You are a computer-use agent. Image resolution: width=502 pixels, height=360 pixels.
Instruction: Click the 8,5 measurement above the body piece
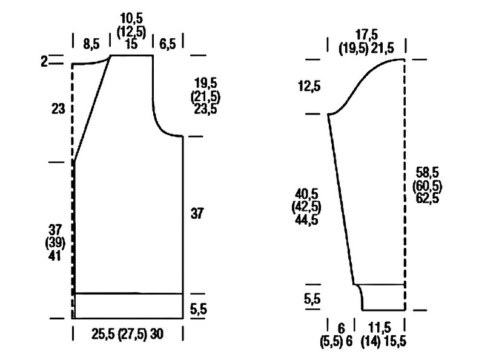[91, 44]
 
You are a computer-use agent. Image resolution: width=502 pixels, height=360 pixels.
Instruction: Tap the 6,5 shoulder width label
[168, 44]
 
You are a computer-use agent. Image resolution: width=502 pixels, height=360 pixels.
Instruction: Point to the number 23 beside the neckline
[58, 109]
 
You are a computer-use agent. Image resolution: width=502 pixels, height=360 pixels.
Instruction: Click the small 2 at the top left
[44, 61]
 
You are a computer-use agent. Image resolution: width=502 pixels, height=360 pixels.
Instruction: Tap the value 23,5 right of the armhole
[205, 109]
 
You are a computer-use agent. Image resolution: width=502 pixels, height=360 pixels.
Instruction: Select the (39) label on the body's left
[55, 243]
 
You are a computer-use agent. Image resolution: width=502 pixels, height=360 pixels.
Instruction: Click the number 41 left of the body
[54, 256]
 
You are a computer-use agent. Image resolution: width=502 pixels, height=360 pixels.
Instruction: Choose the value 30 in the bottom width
[157, 334]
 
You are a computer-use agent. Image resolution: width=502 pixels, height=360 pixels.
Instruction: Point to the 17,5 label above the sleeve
[366, 35]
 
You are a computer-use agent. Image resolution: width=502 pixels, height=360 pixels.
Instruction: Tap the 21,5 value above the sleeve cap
[382, 48]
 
